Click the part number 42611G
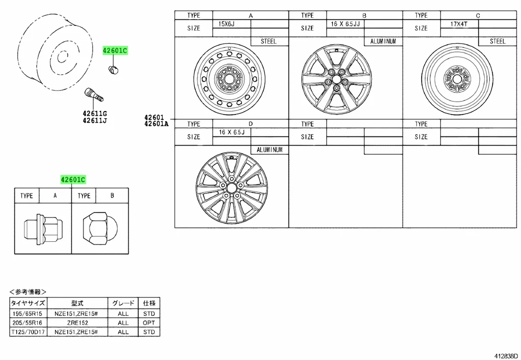pyautogui.click(x=95, y=114)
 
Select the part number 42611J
pyautogui.click(x=95, y=121)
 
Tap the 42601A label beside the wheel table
pyautogui.click(x=156, y=124)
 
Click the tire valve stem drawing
pyautogui.click(x=94, y=94)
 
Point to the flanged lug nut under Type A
pyautogui.click(x=43, y=229)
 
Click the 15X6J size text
pyautogui.click(x=226, y=24)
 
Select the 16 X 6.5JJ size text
pyautogui.click(x=345, y=24)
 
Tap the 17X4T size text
pyautogui.click(x=459, y=24)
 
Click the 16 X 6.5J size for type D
pyautogui.click(x=231, y=132)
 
